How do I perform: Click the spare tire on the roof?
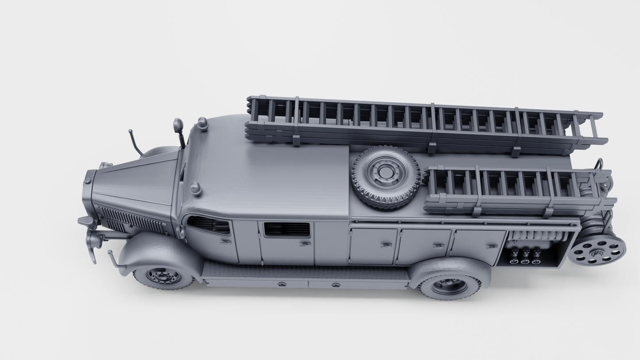click(386, 176)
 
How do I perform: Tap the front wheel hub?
click(163, 276)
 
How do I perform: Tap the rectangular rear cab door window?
click(287, 229)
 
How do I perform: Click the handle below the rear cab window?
click(305, 244)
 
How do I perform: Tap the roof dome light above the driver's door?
click(196, 188)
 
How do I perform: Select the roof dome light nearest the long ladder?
click(202, 124)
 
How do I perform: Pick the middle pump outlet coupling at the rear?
click(525, 256)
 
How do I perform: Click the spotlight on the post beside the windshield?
click(178, 126)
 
